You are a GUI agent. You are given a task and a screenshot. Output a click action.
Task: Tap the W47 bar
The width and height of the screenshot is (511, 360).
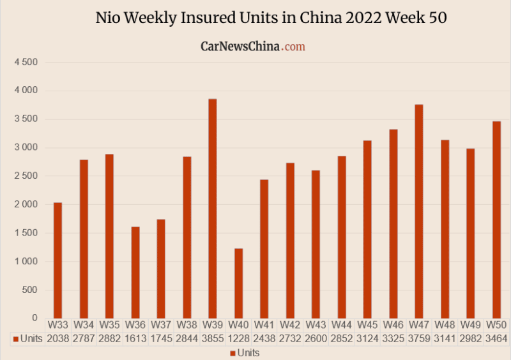[418, 211]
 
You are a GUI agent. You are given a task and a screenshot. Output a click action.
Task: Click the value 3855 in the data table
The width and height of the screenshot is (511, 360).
[213, 338]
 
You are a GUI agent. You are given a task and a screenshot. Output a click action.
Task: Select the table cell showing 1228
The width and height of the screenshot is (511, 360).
[238, 338]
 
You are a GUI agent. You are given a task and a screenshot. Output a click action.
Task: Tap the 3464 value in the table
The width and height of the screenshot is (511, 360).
[496, 338]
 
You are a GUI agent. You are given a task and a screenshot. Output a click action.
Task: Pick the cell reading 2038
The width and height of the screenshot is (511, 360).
[58, 338]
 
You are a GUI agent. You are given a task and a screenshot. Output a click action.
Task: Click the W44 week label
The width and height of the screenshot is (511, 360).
[341, 325]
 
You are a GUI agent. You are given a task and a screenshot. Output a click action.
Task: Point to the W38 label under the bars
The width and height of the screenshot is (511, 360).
[187, 325]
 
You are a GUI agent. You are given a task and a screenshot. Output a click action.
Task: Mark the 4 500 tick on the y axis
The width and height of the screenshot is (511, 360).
[26, 62]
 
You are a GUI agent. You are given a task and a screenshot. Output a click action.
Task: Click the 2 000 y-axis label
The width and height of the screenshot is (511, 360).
[26, 204]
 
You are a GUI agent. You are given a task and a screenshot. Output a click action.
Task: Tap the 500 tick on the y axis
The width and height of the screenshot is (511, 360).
[30, 290]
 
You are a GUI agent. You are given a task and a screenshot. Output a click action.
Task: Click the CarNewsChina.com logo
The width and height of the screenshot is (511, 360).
[252, 47]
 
